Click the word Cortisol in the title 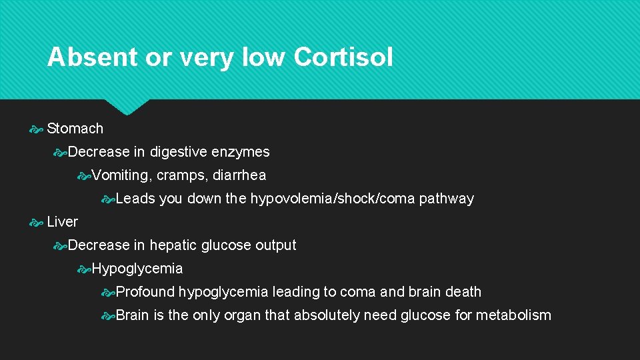(343, 57)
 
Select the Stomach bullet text (75, 129)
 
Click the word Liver (63, 222)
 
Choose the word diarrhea (239, 175)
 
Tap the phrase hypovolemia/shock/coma (333, 199)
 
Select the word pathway (447, 199)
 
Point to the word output (275, 245)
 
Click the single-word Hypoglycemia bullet (137, 269)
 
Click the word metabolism (513, 315)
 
